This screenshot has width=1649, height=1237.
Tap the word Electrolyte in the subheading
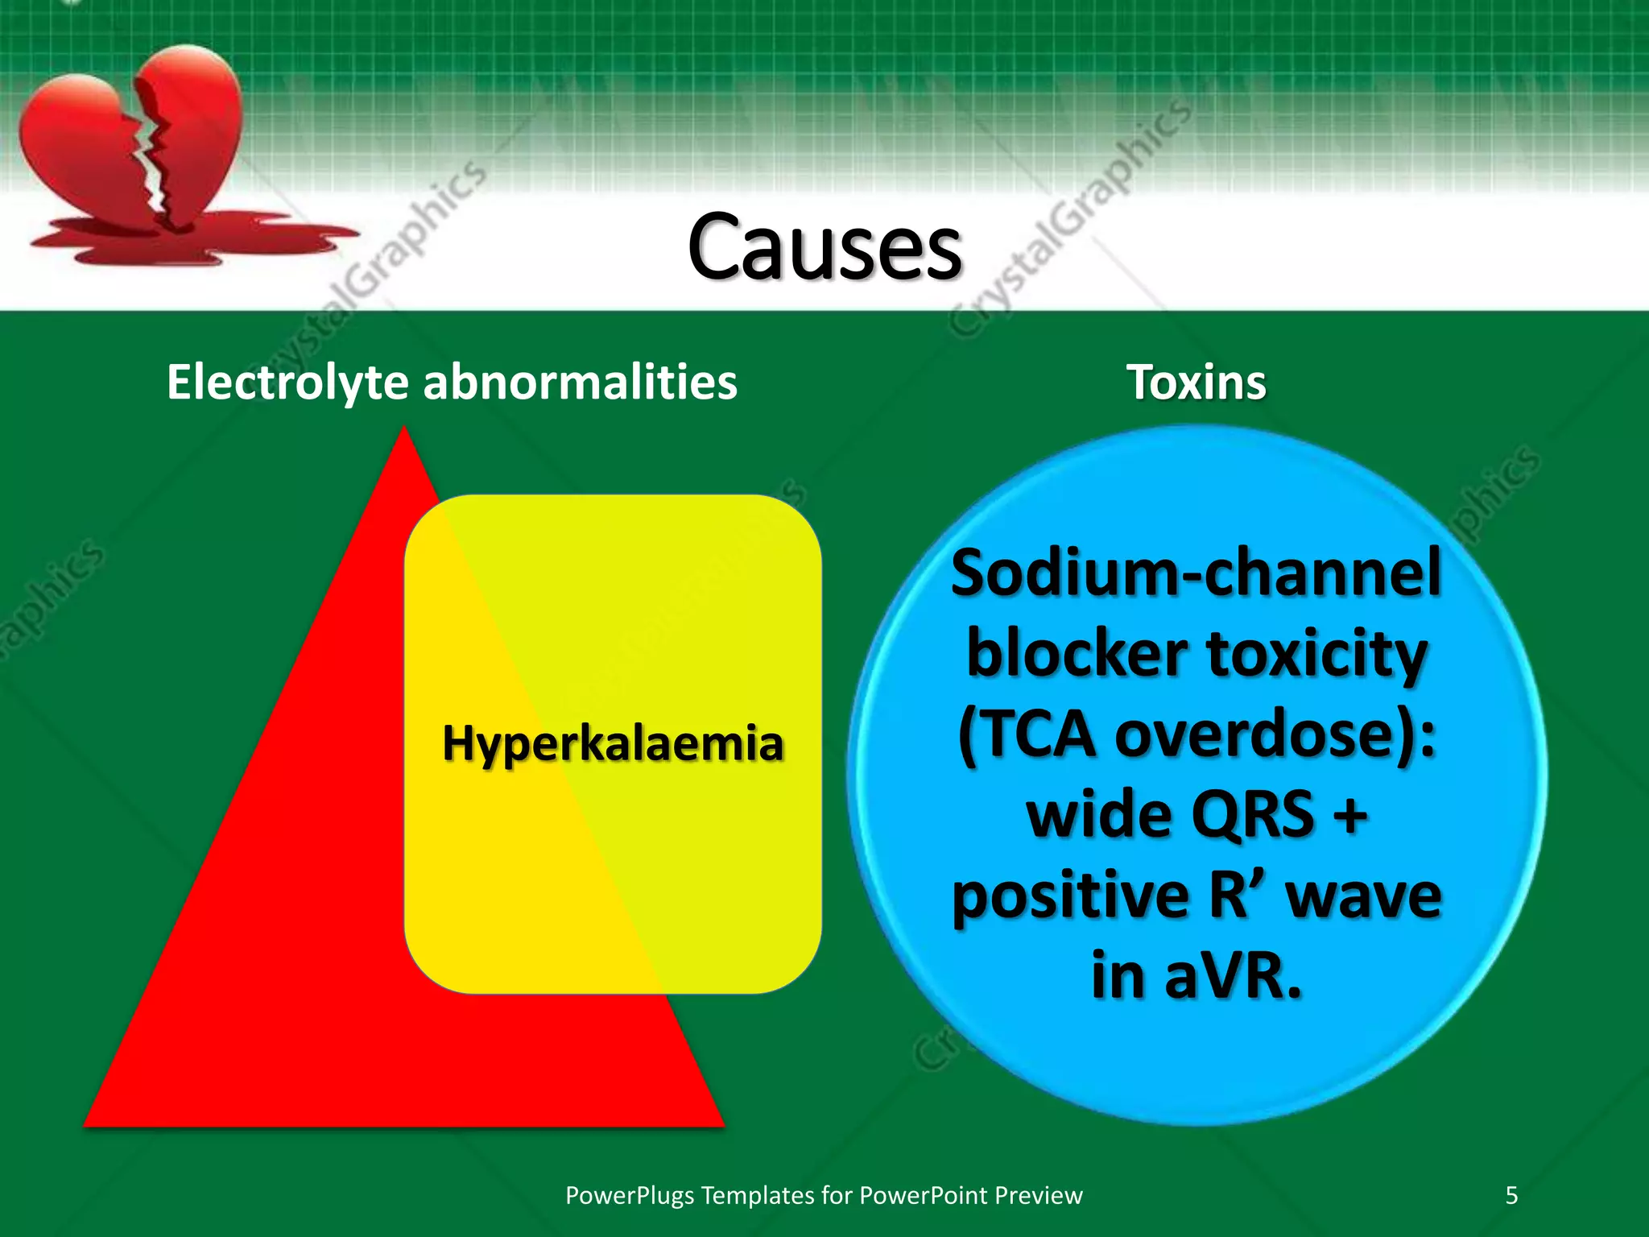pyautogui.click(x=287, y=382)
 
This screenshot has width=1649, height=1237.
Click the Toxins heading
pyautogui.click(x=1196, y=382)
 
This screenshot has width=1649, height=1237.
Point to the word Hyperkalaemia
pyautogui.click(x=613, y=743)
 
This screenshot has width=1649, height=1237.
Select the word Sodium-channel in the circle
pyautogui.click(x=1196, y=573)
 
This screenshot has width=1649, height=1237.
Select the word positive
pyautogui.click(x=1071, y=896)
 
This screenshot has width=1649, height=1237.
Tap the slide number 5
pyautogui.click(x=1511, y=1195)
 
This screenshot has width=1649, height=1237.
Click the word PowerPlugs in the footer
pyautogui.click(x=629, y=1195)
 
